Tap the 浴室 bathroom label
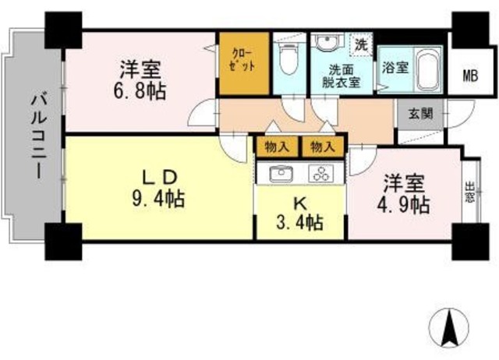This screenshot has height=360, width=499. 394,68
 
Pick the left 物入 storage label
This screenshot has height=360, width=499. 275,146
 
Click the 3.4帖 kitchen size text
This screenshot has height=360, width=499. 301,222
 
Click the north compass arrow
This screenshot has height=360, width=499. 450,326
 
